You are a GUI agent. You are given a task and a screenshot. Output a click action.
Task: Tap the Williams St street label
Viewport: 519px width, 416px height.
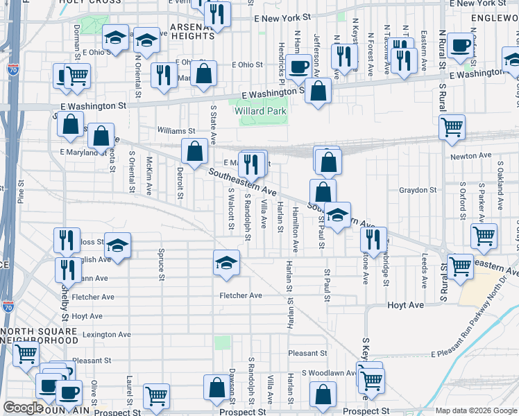click(176, 130)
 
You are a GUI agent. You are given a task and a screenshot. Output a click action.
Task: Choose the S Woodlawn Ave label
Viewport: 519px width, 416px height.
click(327, 372)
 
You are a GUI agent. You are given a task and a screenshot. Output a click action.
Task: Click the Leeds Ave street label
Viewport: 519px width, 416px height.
click(424, 272)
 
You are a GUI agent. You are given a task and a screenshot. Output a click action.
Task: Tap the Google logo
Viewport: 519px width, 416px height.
click(23, 408)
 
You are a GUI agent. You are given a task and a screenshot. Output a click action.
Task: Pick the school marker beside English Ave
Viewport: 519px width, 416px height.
click(118, 245)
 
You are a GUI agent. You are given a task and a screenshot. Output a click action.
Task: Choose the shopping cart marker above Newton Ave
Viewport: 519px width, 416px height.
click(452, 127)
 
